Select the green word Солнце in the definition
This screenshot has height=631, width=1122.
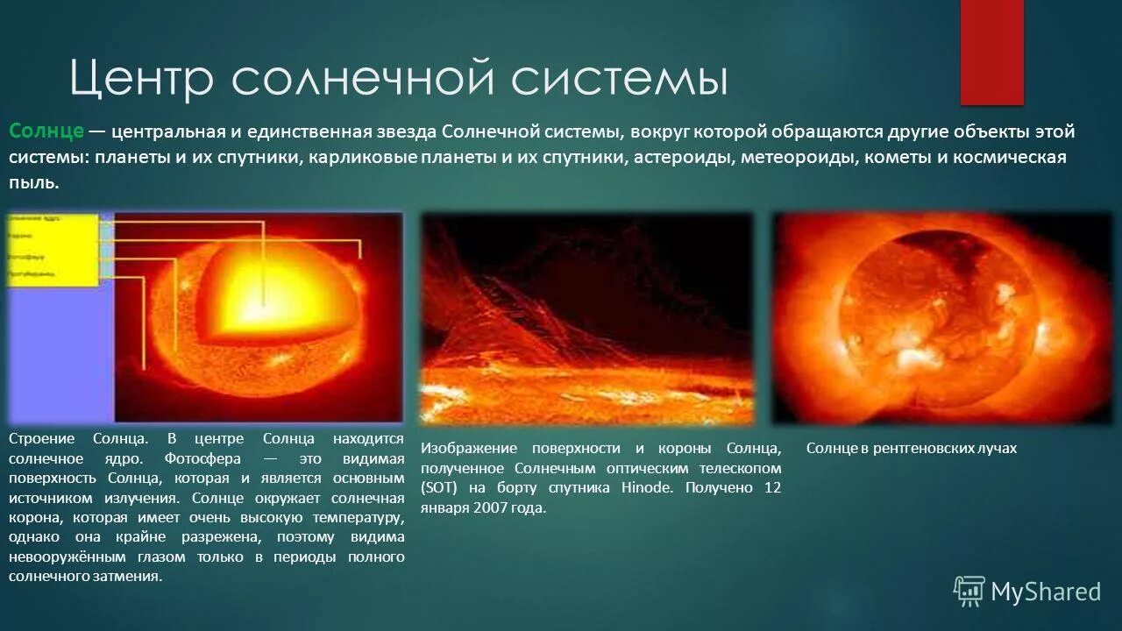point(46,131)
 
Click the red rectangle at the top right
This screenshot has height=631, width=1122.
point(991,52)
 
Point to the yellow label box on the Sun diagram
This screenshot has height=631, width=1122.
point(53,250)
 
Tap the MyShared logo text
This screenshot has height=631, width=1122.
point(1045,592)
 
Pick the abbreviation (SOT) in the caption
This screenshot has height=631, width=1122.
point(437,488)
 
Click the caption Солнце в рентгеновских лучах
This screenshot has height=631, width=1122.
point(911,448)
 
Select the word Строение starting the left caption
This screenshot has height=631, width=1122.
point(40,438)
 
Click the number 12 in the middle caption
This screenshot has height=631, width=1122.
point(771,488)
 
